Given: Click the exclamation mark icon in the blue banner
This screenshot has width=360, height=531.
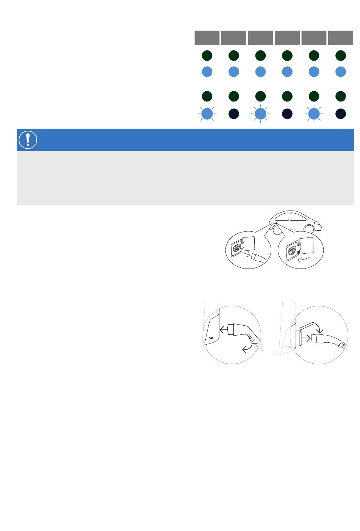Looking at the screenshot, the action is (x=28, y=140).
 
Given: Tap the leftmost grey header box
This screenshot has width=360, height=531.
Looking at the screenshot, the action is (x=207, y=37).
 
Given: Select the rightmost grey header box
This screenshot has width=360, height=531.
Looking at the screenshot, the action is (x=341, y=37).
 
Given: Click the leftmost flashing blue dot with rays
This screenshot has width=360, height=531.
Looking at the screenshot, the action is (x=207, y=114).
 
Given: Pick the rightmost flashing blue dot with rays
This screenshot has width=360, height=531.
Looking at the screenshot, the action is (x=314, y=114).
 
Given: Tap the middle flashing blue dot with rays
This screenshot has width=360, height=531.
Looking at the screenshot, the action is (x=260, y=114).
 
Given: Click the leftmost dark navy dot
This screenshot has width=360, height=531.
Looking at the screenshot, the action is (x=233, y=114).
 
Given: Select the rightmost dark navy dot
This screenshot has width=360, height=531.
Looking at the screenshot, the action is (x=341, y=114).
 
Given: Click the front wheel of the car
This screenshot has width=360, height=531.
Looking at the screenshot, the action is (x=309, y=228).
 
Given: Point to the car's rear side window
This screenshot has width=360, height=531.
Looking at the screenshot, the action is (x=282, y=217).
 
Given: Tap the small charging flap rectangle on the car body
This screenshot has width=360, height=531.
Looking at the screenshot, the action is (x=275, y=223).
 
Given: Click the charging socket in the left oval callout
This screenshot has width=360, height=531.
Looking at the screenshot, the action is (x=237, y=248).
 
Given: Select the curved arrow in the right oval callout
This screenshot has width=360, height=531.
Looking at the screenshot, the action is (x=304, y=259).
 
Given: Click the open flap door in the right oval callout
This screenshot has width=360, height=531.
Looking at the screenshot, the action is (x=306, y=246).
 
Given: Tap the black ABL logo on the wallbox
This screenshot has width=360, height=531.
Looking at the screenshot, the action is (x=212, y=338).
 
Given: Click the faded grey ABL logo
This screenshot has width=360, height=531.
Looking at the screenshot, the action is (x=288, y=347).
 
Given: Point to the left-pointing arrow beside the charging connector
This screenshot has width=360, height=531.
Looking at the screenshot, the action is (x=224, y=330).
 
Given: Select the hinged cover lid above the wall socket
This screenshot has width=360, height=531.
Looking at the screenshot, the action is (x=307, y=326).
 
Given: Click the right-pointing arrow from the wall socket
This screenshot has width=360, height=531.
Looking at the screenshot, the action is (x=306, y=338).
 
